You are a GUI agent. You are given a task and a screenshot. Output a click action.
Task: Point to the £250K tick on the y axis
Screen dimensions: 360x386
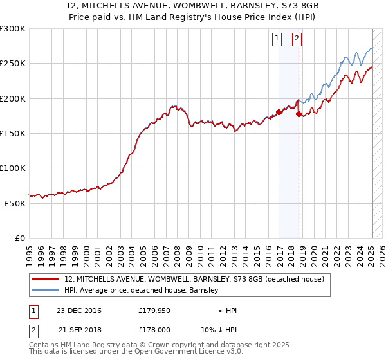coord(13,64)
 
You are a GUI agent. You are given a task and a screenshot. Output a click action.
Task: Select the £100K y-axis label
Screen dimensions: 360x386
coord(13,168)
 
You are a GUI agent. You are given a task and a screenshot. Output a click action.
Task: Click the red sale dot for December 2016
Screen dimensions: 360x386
coord(279,113)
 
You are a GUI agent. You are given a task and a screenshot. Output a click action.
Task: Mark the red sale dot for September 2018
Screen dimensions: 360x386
coord(299,114)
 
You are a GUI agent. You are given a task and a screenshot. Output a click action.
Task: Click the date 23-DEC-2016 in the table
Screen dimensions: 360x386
coord(78,310)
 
